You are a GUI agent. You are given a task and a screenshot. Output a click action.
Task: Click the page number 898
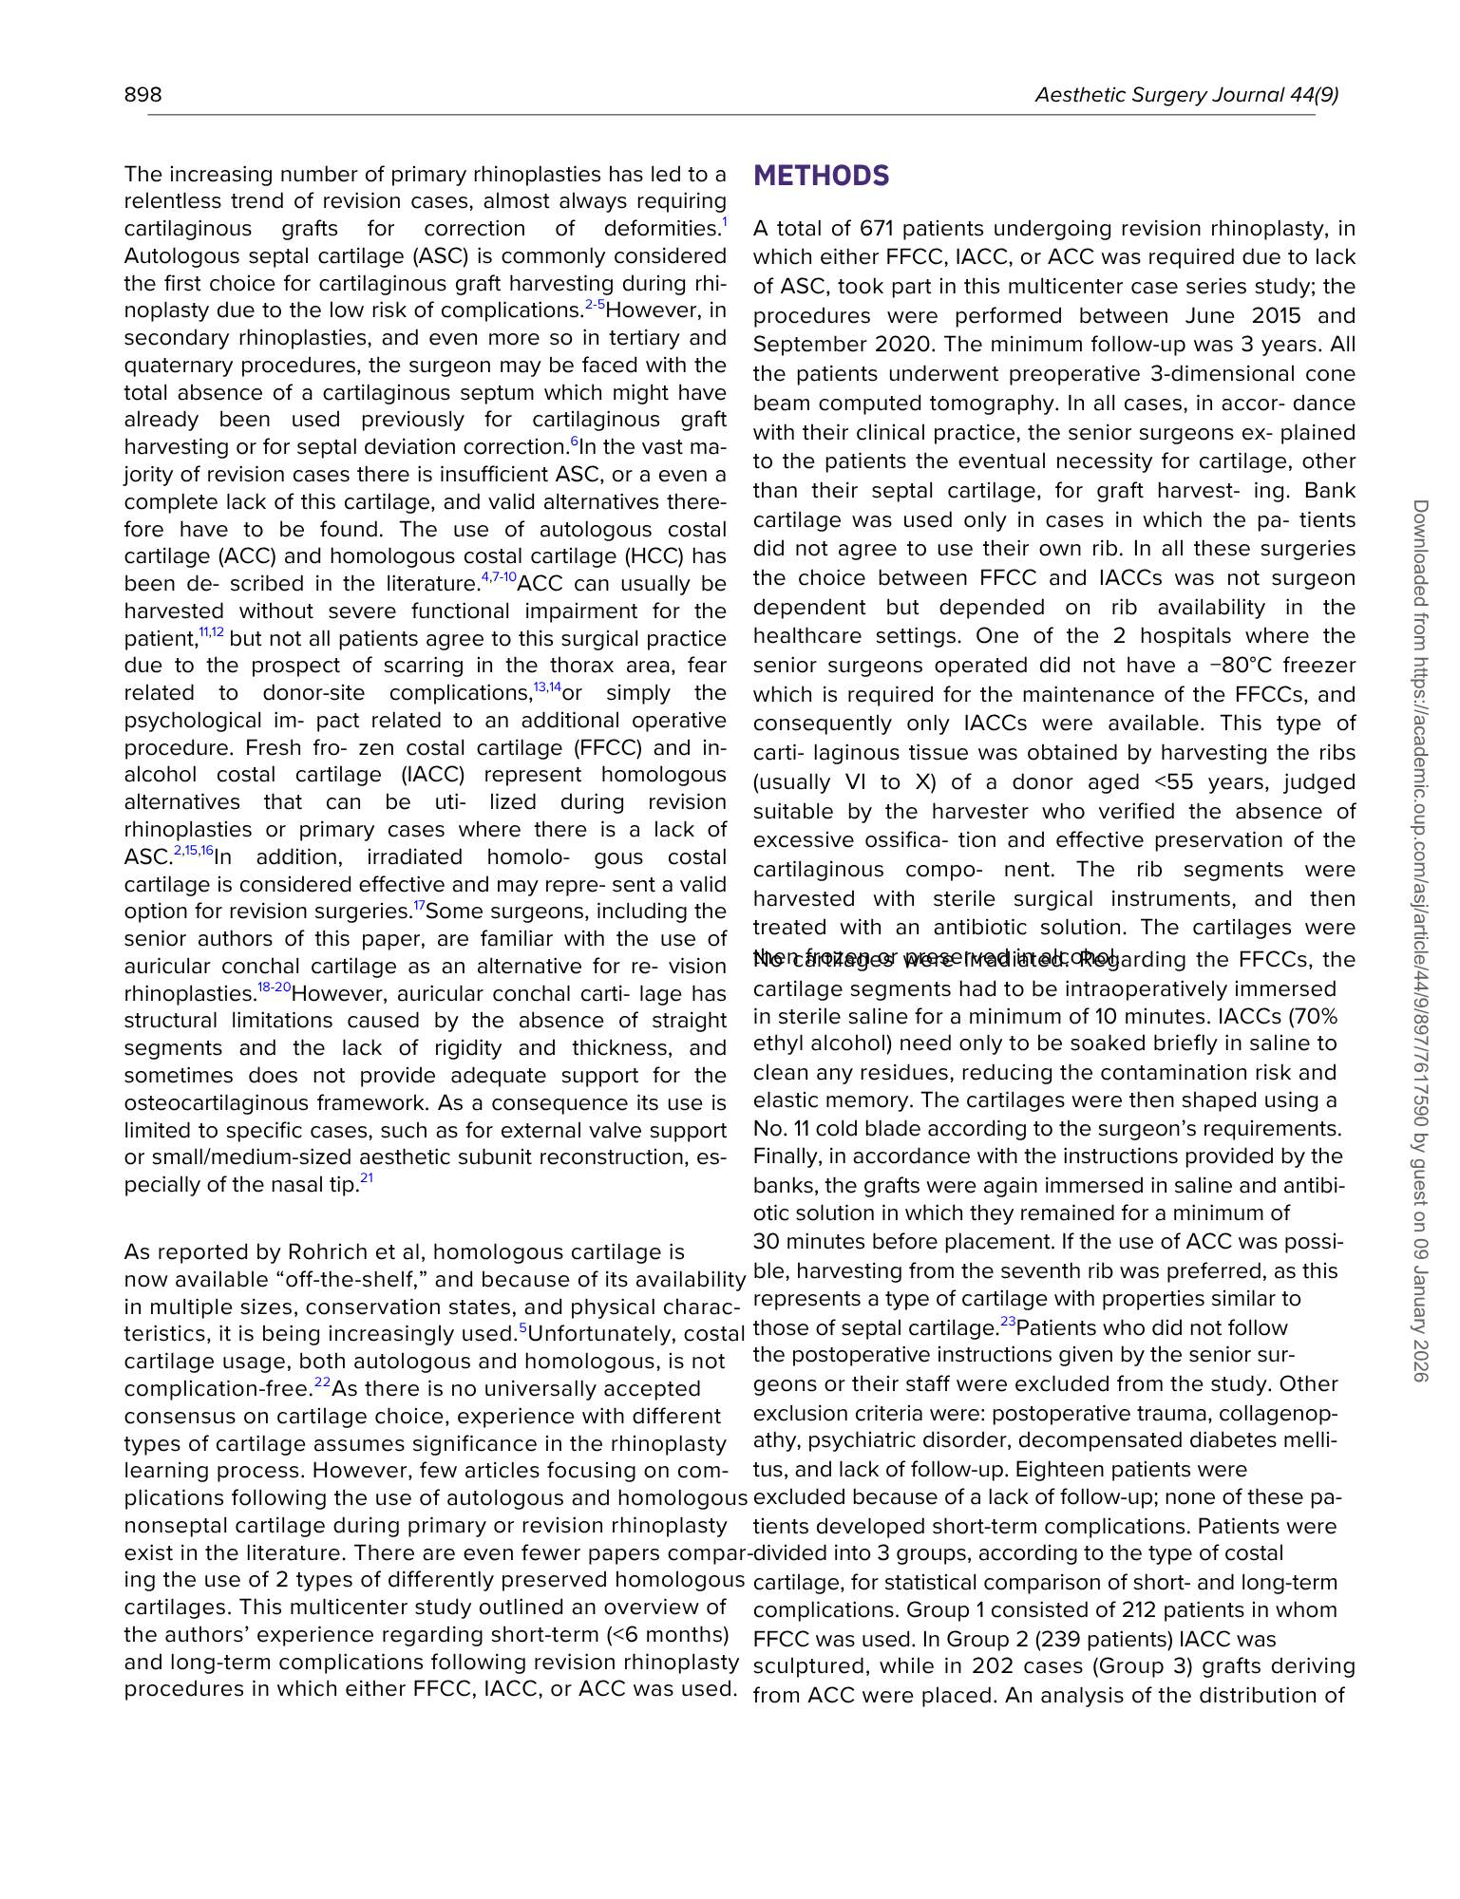142,95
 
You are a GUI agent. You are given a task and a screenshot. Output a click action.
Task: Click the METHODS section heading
821,177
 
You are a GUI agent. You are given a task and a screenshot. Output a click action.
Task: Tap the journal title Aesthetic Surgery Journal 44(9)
1186,95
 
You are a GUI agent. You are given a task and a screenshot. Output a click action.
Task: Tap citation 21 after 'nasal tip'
367,1179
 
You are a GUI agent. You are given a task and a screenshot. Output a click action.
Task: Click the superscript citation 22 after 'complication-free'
322,1382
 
